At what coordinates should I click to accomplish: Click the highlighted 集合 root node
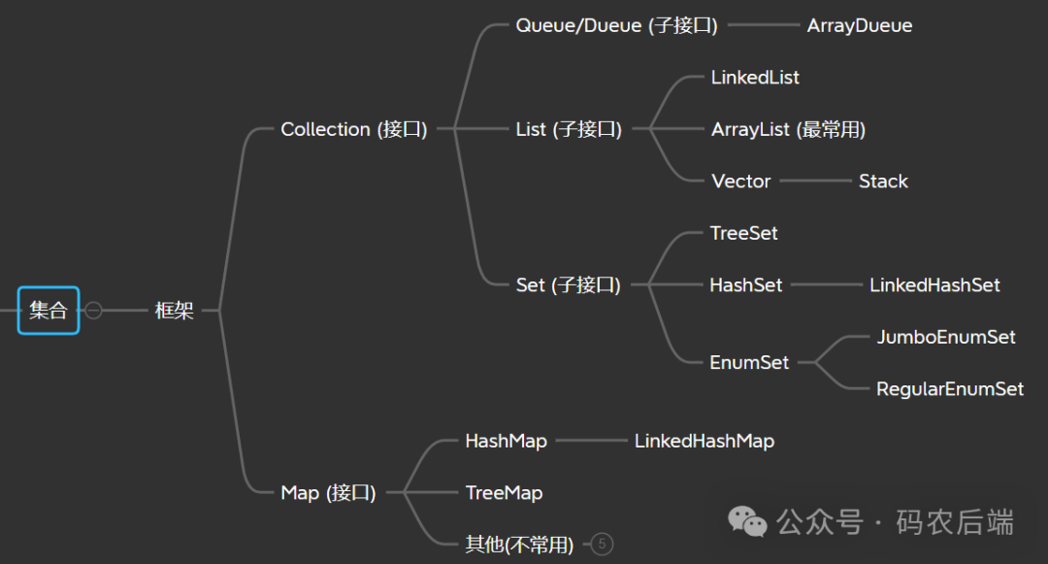tap(48, 311)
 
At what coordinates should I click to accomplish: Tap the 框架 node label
tap(175, 311)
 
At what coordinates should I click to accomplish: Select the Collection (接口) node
tap(353, 129)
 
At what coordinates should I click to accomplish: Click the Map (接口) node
tap(328, 492)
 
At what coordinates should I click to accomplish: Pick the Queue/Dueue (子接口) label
tap(616, 25)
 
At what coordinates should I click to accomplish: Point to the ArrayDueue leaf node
tap(860, 25)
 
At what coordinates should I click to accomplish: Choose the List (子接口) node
tap(569, 129)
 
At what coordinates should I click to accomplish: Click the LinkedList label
tap(755, 77)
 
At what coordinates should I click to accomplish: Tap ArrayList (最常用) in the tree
tap(788, 129)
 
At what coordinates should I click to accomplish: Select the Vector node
tap(740, 182)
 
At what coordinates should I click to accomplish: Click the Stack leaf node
tap(883, 182)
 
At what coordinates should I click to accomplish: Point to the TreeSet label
tap(743, 233)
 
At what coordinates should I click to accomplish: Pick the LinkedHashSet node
tap(934, 285)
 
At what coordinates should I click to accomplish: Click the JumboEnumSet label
tap(946, 337)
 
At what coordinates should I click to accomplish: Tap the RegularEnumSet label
tap(950, 389)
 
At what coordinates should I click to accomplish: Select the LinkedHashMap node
tap(704, 441)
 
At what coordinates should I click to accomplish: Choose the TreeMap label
tap(504, 492)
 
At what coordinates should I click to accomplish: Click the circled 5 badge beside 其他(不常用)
tap(602, 545)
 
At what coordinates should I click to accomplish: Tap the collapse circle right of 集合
tap(93, 311)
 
